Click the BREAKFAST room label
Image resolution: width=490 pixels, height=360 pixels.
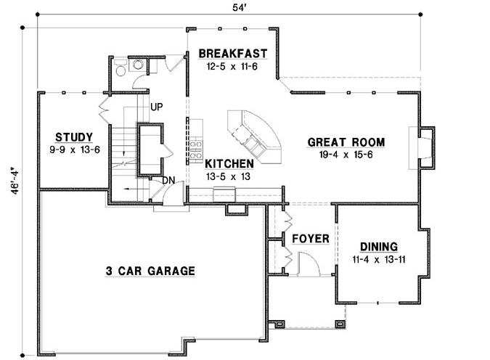pos(232,54)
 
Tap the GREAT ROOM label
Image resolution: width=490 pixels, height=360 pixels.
pos(346,142)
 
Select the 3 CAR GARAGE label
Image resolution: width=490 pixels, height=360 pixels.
pos(150,271)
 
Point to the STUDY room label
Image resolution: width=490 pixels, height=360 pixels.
pos(74,136)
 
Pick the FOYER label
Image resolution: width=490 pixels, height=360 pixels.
pos(311,239)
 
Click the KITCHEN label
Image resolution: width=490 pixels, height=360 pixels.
pos(229,164)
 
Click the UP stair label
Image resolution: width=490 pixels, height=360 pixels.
pos(156,107)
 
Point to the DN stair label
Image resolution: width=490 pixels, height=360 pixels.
pos(168,180)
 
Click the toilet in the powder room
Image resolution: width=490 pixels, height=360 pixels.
pos(121,67)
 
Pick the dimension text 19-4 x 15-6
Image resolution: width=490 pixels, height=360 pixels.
pos(346,155)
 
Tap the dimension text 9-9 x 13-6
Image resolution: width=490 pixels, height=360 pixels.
pos(74,150)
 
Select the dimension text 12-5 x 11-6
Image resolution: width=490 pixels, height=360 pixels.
pos(232,66)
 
